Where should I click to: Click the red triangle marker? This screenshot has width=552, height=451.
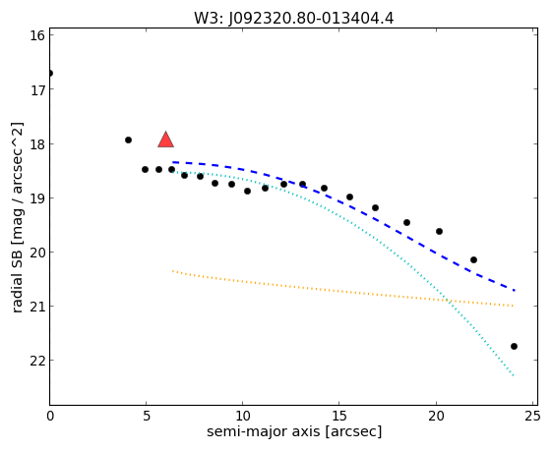tap(166, 140)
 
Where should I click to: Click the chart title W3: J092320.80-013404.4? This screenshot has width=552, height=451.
tap(293, 19)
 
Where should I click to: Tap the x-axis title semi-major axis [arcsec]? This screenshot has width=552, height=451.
tap(294, 431)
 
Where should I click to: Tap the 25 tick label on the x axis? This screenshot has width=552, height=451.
tap(532, 417)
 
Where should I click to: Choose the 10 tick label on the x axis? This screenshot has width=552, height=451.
tap(243, 417)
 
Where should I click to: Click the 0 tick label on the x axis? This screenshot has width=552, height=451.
tap(50, 417)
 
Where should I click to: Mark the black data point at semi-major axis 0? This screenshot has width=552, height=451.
tap(50, 73)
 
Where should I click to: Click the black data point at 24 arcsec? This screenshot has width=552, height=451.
tap(514, 346)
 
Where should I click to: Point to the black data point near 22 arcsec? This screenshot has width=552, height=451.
tap(474, 259)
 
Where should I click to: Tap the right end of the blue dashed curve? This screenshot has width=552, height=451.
tap(515, 291)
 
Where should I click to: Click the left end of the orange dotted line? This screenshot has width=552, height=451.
tap(173, 271)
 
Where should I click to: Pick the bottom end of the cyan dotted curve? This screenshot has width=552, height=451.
tap(514, 375)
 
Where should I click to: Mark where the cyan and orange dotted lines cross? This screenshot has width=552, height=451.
tap(449, 301)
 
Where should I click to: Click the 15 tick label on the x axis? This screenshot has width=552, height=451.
tap(339, 417)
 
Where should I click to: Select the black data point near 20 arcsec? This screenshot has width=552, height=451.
tap(440, 231)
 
